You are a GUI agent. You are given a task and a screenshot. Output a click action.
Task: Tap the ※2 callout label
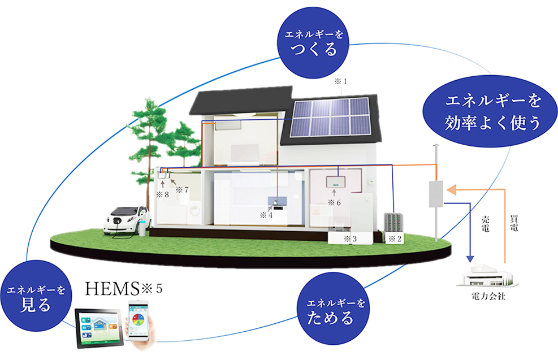tap(394, 238)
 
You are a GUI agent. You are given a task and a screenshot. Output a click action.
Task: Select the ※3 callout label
tap(350, 239)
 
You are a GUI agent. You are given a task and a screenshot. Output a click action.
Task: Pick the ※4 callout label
tap(266, 215)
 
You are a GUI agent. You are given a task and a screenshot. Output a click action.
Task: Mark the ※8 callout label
tap(162, 194)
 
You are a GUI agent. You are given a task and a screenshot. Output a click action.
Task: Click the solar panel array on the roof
tap(332, 118)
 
